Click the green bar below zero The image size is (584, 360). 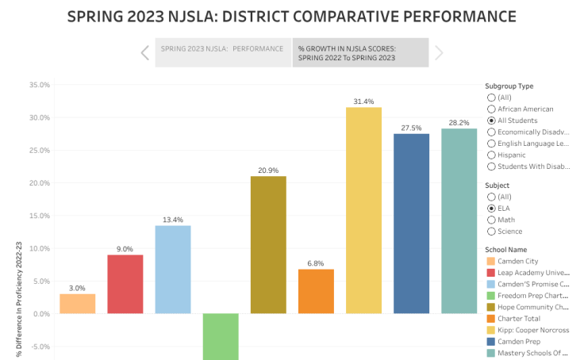click(x=221, y=336)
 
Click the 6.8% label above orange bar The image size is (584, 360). click(x=316, y=263)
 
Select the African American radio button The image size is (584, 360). click(x=491, y=109)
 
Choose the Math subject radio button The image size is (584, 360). click(x=491, y=220)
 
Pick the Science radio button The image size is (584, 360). click(x=491, y=232)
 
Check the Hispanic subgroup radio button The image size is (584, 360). click(x=491, y=155)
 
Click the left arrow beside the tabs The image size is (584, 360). click(x=144, y=53)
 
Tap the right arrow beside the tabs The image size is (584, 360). click(x=439, y=53)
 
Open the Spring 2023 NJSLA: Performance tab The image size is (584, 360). click(x=222, y=49)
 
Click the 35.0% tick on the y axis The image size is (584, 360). click(x=39, y=85)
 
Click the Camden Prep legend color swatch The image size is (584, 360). click(x=491, y=342)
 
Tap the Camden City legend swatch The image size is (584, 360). click(x=491, y=261)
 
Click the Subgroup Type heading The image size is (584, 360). click(x=509, y=86)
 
